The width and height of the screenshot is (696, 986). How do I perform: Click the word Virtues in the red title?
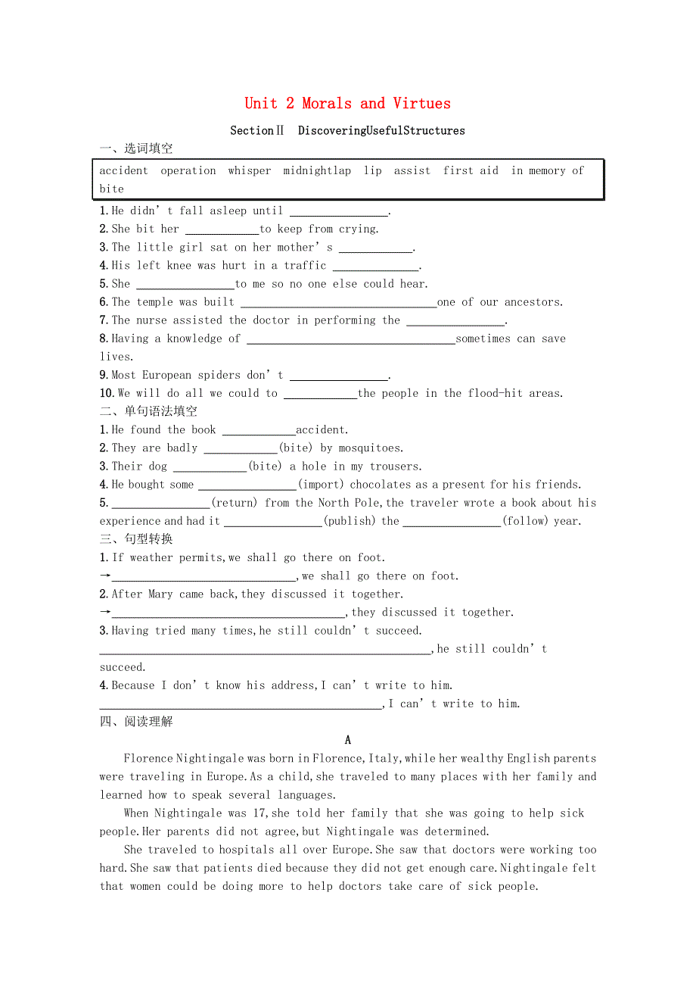pos(421,104)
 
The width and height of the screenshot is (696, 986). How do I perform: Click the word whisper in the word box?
pos(250,171)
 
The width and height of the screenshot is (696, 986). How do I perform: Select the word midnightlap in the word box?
pos(317,171)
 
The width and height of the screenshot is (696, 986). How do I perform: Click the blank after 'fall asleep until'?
pos(338,212)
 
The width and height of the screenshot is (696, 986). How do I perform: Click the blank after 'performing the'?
pos(455,321)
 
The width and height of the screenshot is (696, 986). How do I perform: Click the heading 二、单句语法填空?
pos(148,411)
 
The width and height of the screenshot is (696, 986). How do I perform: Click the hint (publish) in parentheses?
pos(349,521)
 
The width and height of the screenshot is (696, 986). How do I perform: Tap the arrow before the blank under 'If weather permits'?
pos(105,576)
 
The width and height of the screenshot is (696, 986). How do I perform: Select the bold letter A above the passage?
pos(348,741)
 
